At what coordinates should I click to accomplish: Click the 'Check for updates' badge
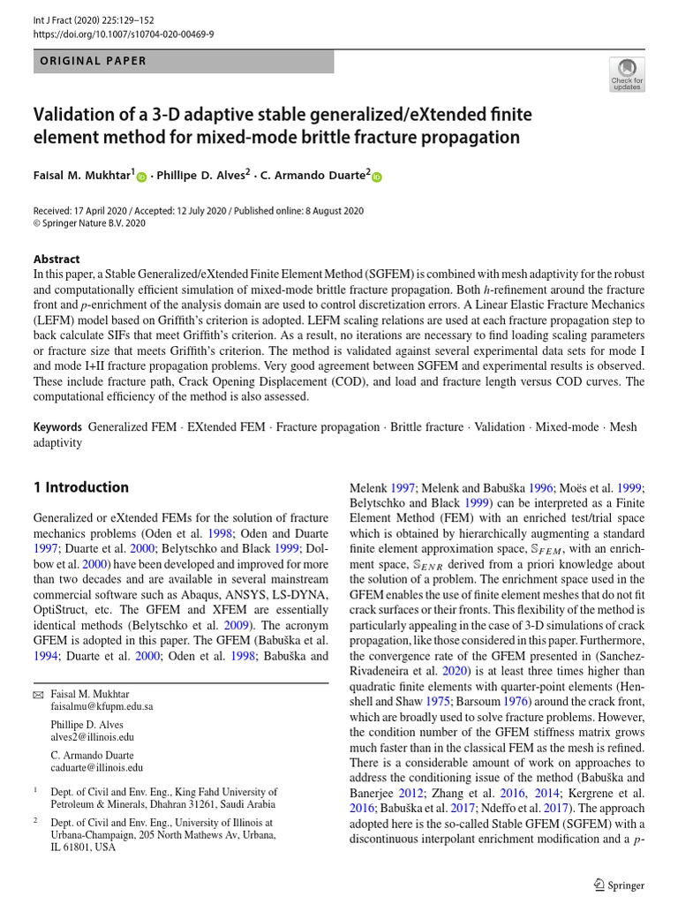(x=627, y=74)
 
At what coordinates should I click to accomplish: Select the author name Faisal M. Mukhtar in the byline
(x=81, y=176)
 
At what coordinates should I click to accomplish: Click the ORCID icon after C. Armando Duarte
(x=377, y=177)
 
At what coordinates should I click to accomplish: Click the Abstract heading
(x=56, y=259)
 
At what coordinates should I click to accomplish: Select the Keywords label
(x=57, y=426)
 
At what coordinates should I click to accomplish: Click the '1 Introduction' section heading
(x=80, y=487)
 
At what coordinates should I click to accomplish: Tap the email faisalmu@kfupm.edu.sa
(x=102, y=706)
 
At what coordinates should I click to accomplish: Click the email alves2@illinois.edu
(x=93, y=736)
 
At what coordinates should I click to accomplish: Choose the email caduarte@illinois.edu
(x=97, y=767)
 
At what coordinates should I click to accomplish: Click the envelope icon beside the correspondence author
(x=38, y=693)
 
